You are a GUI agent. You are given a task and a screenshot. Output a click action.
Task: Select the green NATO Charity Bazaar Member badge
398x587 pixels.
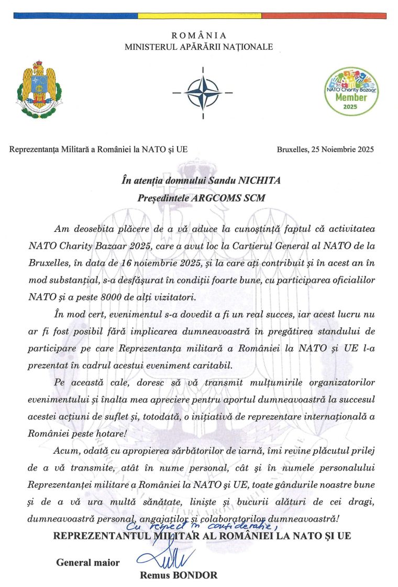click(x=351, y=91)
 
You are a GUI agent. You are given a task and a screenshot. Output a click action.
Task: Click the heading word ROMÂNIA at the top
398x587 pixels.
click(x=199, y=36)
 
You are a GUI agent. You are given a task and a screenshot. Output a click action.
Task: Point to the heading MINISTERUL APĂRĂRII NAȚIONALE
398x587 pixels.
click(x=199, y=47)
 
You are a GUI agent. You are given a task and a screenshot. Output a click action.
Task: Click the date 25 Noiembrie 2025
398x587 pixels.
click(x=343, y=149)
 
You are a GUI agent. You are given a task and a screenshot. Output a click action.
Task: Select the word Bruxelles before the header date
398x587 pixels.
click(x=293, y=149)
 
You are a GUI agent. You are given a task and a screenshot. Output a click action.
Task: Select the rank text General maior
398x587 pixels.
click(x=87, y=563)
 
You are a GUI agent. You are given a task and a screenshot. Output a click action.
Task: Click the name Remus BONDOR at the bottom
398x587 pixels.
click(x=179, y=575)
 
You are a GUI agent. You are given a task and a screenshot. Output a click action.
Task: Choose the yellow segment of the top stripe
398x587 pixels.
click(x=199, y=16)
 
